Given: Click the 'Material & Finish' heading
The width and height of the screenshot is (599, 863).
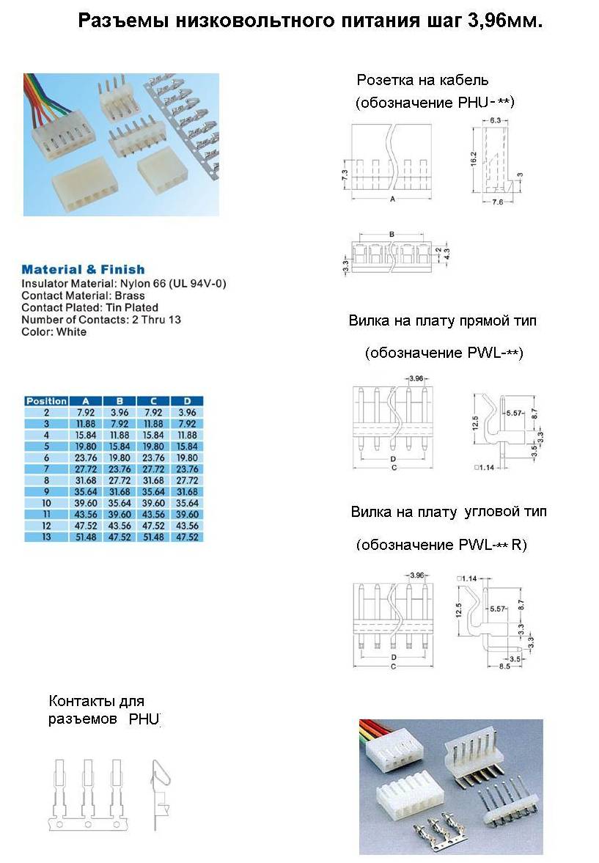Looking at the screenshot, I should [83, 269].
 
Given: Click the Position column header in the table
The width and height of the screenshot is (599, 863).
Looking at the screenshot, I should [46, 401].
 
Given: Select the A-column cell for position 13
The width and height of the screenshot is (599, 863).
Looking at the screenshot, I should [86, 537].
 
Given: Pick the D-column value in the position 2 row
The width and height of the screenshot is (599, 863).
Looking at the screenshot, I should [187, 412].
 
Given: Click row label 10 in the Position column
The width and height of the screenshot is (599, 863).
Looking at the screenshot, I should [46, 503].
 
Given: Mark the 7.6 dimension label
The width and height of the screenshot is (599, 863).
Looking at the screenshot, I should [496, 202].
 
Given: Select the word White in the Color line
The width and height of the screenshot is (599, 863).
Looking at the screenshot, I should [70, 331].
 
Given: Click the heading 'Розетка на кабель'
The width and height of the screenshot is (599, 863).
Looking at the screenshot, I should [422, 80].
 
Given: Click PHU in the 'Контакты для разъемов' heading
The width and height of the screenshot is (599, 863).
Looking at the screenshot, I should [144, 719].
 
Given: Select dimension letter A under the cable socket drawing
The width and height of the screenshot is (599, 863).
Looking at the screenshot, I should [393, 199].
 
